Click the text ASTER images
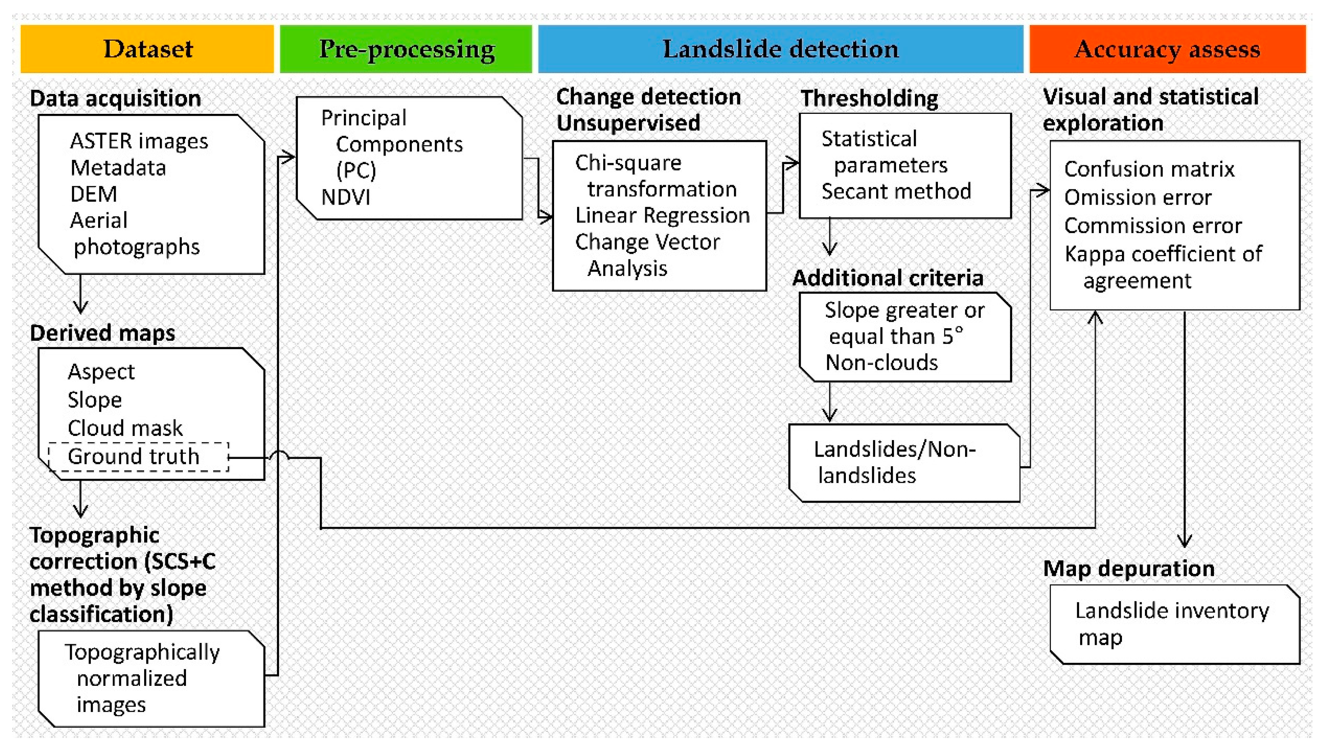139,141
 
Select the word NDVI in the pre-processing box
345,197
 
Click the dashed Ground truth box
138,457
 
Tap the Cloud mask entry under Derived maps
125,428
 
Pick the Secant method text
896,192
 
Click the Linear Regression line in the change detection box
662,215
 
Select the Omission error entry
1137,197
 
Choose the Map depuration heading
1128,569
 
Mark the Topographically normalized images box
151,678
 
